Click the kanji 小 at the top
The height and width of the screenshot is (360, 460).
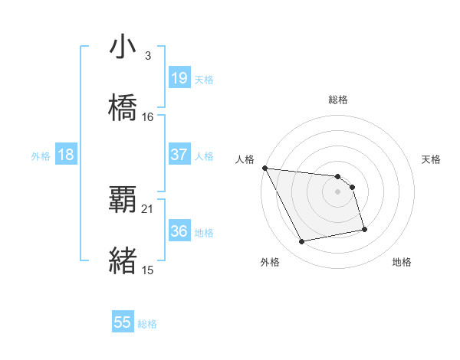click(123, 47)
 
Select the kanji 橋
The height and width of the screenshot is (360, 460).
click(123, 109)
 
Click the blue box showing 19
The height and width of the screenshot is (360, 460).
click(179, 78)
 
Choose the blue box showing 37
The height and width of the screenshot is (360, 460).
click(179, 155)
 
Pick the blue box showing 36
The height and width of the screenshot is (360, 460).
click(179, 231)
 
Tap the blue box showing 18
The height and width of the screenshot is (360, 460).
click(66, 155)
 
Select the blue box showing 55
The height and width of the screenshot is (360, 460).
click(123, 323)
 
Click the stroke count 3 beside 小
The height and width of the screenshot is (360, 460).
click(148, 56)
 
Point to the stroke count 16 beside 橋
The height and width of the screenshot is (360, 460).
click(148, 117)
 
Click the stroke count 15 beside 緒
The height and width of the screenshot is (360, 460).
click(148, 270)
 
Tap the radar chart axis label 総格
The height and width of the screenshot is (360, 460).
click(338, 100)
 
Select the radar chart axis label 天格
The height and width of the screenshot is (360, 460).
click(432, 159)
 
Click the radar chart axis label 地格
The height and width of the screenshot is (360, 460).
click(402, 262)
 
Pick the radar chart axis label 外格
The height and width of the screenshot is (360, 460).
click(270, 262)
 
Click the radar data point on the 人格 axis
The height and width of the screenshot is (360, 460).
click(264, 168)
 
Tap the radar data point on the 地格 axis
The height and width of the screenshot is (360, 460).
click(364, 229)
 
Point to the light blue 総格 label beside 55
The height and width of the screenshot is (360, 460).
click(147, 324)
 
